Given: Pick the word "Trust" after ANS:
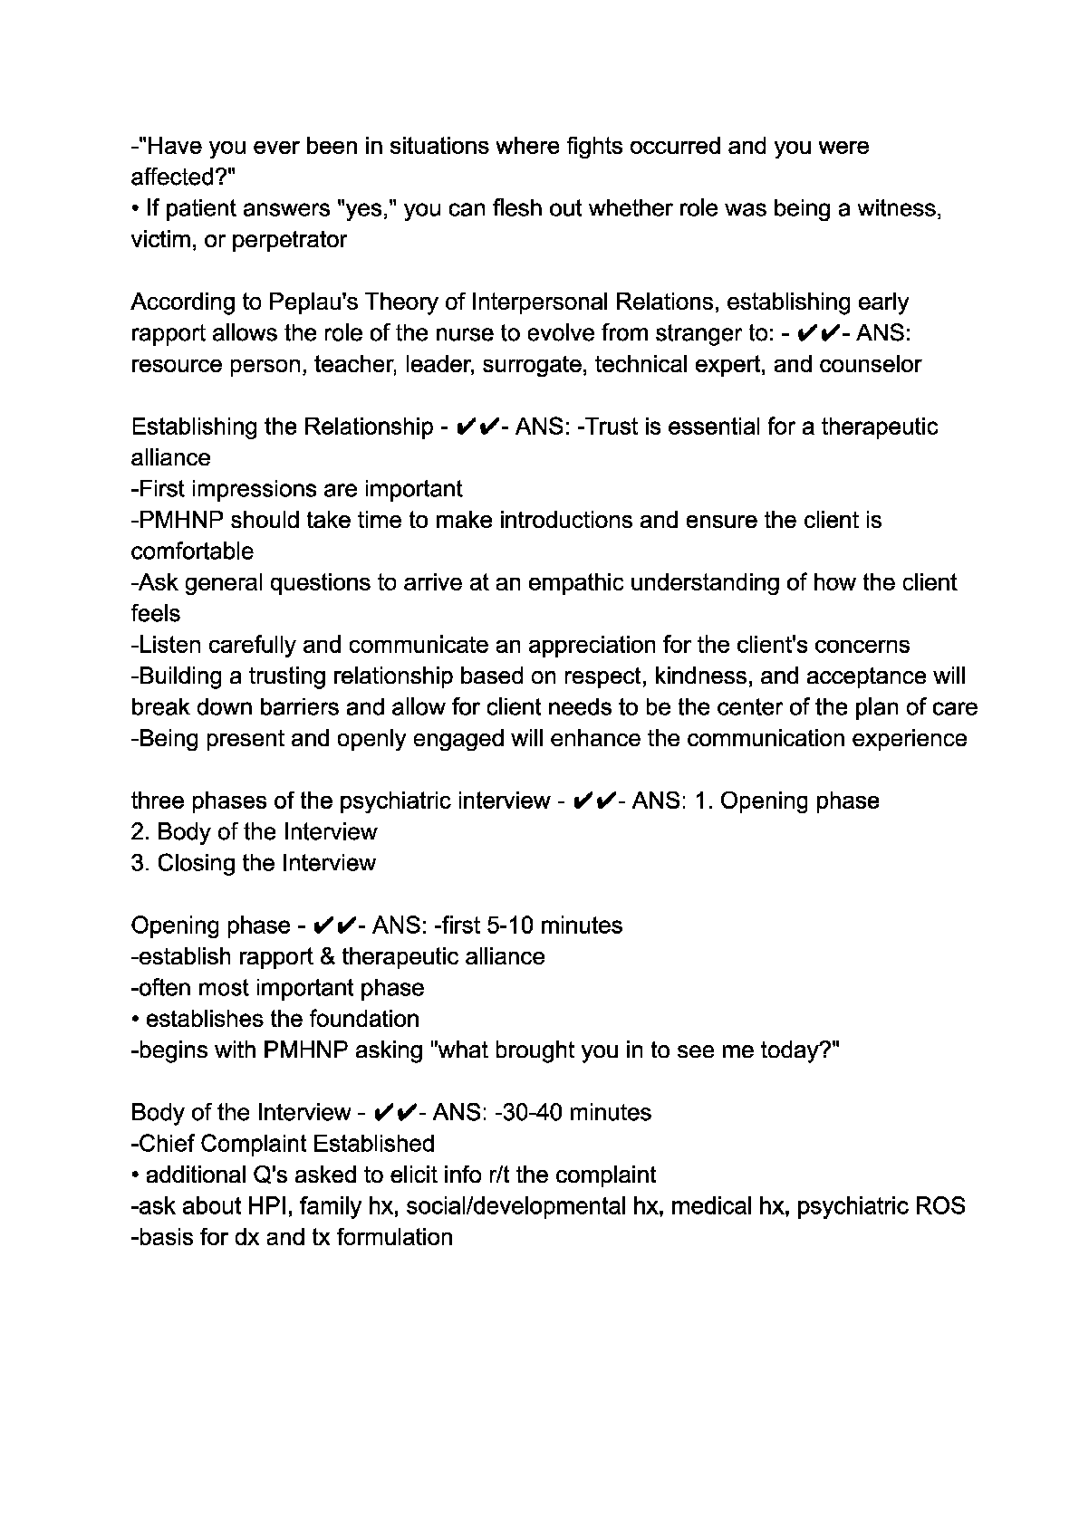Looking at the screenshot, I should click(x=612, y=427).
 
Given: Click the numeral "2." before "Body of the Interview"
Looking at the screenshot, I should click(x=140, y=832).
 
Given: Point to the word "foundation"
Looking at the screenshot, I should click(x=364, y=1020).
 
